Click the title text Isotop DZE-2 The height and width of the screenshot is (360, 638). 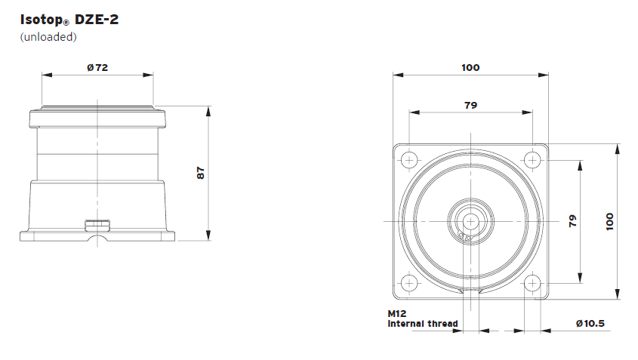click(69, 20)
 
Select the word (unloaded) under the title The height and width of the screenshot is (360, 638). click(48, 36)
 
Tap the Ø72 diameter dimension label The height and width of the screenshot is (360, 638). click(97, 67)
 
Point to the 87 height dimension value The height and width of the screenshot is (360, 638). click(201, 173)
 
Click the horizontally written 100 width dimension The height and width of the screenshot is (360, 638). click(470, 67)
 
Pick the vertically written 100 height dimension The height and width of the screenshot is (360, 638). click(610, 220)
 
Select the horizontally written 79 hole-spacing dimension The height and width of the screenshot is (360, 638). click(470, 105)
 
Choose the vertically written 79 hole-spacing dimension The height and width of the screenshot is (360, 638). click(572, 221)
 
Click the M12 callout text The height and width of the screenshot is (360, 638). click(397, 313)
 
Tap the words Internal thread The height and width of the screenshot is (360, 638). click(423, 324)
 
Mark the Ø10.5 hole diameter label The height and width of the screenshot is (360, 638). click(590, 324)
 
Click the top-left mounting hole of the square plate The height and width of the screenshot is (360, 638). click(408, 160)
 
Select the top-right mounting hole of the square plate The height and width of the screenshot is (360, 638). click(532, 160)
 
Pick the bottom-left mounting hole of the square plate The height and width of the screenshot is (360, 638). click(408, 283)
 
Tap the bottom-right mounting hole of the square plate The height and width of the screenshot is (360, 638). click(532, 283)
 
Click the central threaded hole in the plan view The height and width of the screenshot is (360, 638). click(470, 222)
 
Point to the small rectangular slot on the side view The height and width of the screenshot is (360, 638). click(97, 224)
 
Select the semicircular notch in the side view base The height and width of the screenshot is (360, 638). click(97, 239)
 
